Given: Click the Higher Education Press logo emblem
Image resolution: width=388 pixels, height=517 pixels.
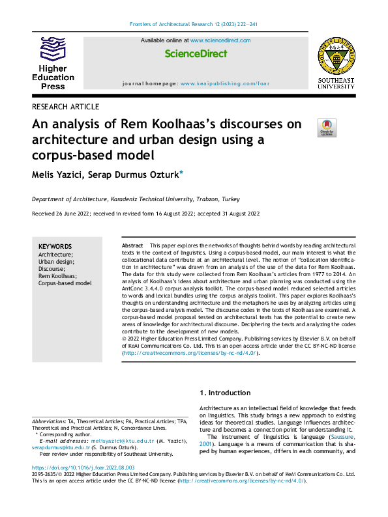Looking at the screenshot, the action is (53, 49).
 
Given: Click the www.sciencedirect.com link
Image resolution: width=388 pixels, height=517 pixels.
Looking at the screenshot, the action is (220, 40).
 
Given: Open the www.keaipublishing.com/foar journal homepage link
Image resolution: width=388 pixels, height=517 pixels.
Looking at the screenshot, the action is (225, 84).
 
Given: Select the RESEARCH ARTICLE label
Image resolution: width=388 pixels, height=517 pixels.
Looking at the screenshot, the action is (65, 106).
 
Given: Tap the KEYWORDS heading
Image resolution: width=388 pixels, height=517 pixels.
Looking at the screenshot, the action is (55, 247).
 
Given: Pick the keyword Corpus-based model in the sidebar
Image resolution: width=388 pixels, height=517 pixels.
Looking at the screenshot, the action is (65, 283).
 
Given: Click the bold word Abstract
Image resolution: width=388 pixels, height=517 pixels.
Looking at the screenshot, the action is (133, 244).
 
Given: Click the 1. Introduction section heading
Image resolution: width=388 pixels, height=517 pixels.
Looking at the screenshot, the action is (224, 393).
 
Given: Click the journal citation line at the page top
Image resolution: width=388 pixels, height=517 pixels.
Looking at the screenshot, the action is (194, 25).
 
